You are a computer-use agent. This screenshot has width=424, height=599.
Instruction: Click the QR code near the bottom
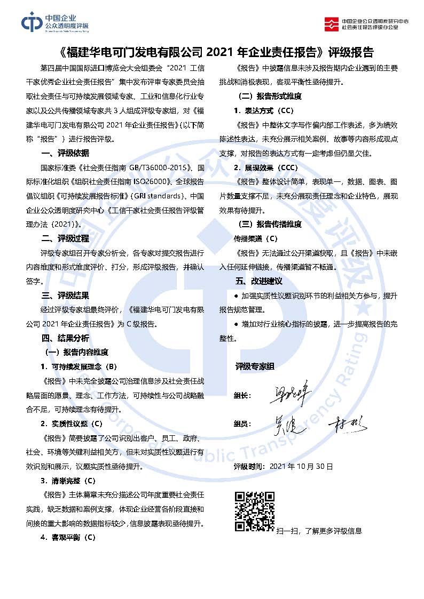255,512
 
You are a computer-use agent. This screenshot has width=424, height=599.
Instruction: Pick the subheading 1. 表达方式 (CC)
263,110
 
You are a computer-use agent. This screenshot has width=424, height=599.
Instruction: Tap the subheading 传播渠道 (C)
256,238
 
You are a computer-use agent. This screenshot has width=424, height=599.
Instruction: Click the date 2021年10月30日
301,466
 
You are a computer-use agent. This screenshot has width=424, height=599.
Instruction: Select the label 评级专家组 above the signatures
255,366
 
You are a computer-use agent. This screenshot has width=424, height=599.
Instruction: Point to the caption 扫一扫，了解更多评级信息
319,531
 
